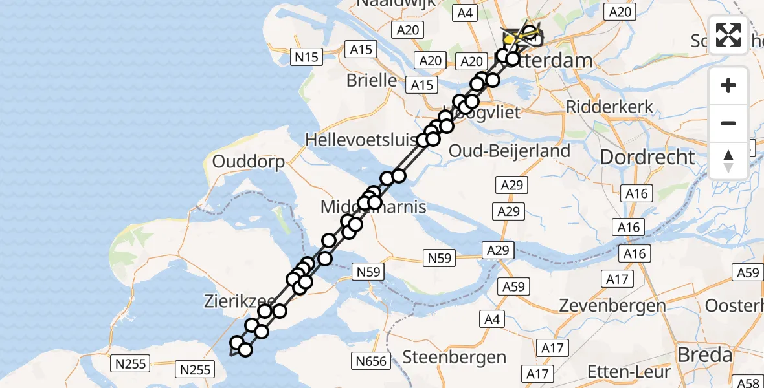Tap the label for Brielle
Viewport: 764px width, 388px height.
point(372,80)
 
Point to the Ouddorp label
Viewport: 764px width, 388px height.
point(248,162)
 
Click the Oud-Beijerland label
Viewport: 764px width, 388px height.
point(510,151)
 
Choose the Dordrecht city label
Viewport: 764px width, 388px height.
point(647,156)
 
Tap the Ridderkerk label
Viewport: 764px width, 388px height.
point(609,107)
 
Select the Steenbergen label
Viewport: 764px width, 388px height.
point(454,357)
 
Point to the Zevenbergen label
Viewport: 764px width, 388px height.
point(612,305)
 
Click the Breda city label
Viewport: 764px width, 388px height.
point(704,354)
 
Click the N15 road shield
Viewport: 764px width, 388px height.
point(306,57)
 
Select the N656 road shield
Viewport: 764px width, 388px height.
point(372,361)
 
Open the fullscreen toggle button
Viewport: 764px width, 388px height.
point(728,35)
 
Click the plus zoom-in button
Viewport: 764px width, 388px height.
point(728,85)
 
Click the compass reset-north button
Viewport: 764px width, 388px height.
point(728,160)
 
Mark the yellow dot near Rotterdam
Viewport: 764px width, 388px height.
point(510,40)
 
